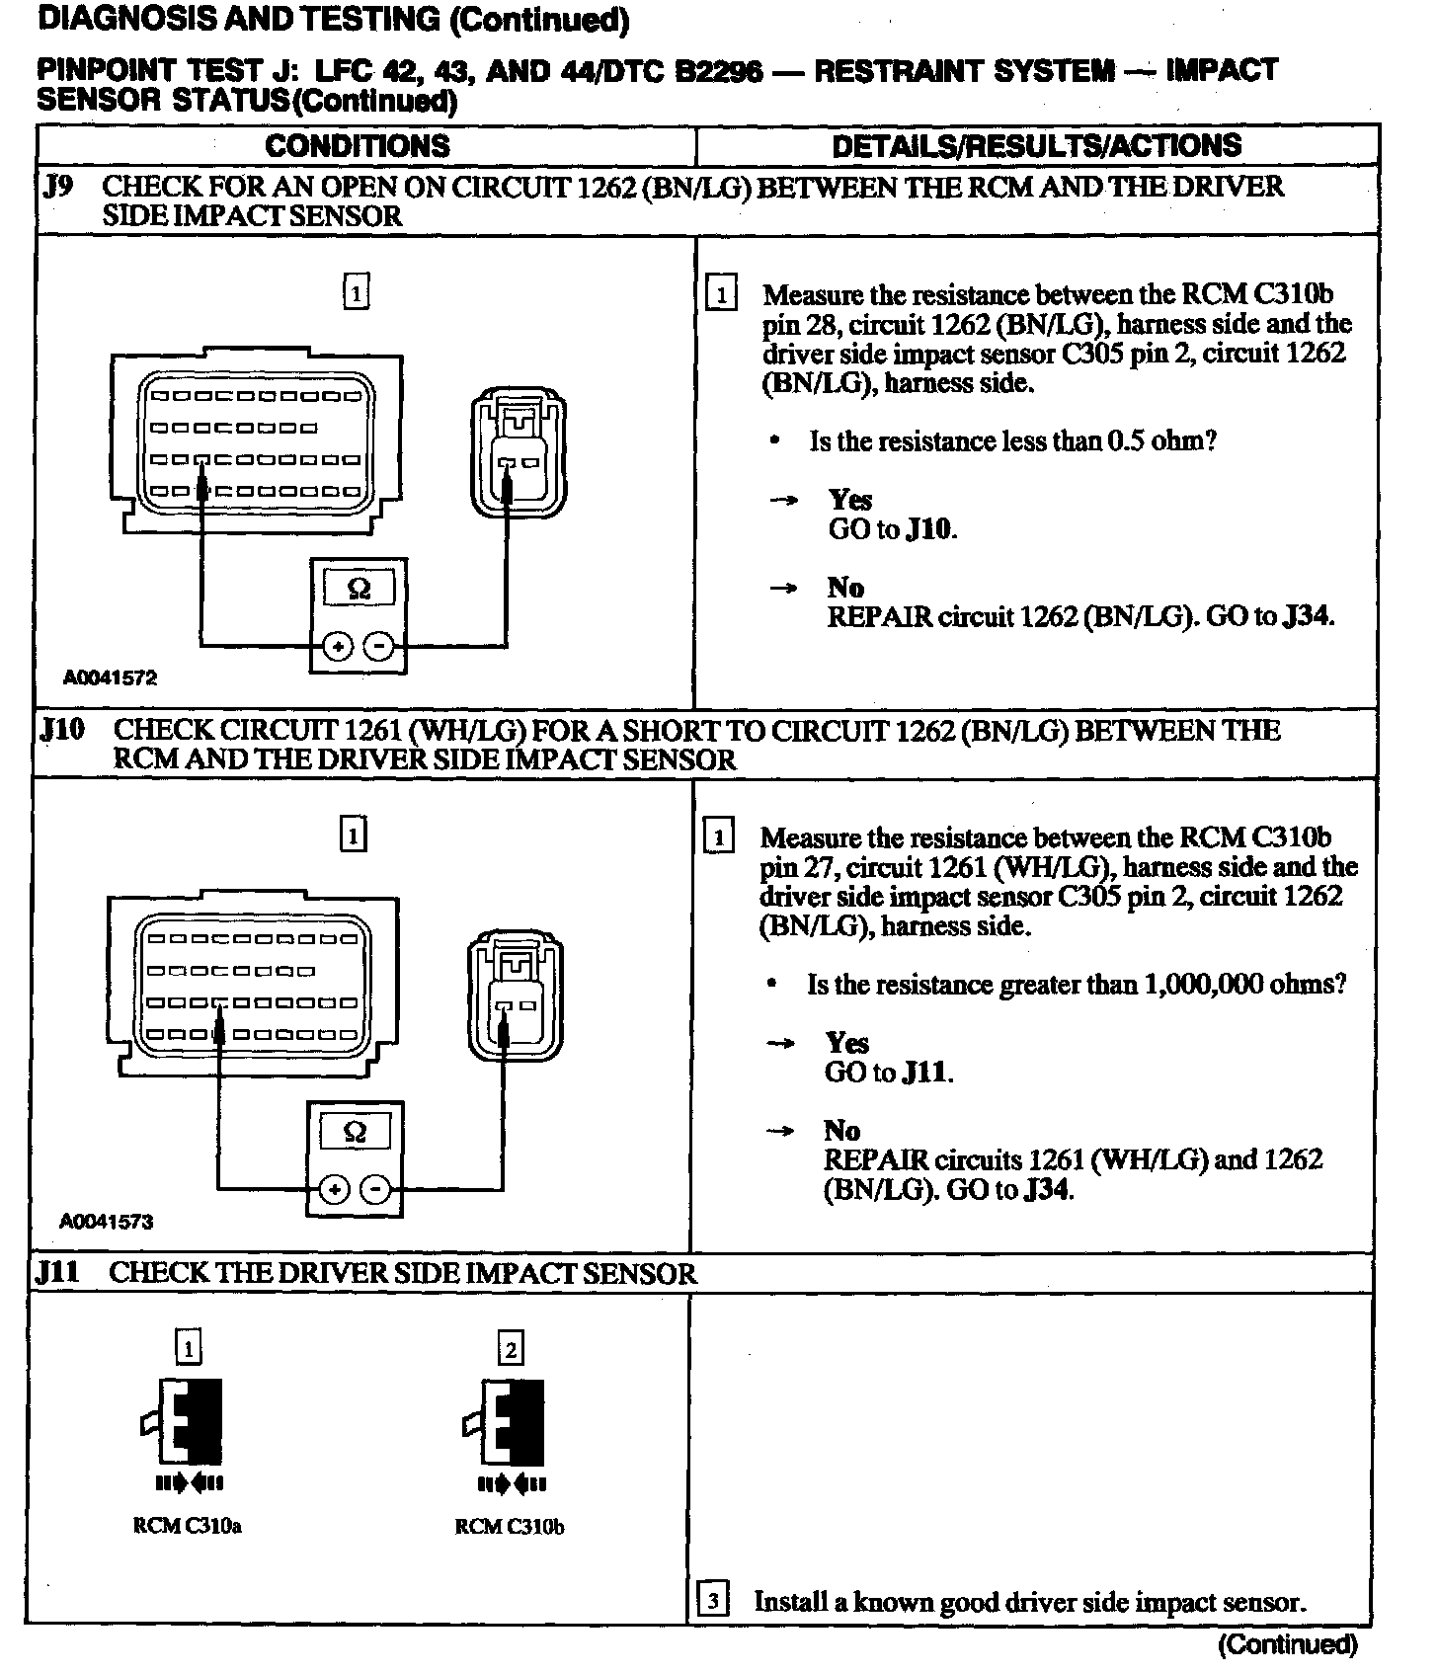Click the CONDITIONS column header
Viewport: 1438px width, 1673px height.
click(357, 146)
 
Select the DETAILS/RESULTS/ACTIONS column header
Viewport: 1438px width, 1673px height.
click(1036, 146)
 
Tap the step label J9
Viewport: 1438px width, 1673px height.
click(58, 186)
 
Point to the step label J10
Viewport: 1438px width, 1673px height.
click(61, 730)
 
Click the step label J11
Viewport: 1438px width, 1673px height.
click(57, 1272)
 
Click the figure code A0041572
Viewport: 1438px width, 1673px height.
click(110, 677)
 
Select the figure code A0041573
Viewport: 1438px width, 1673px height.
click(107, 1222)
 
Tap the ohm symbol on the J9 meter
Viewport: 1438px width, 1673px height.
click(359, 590)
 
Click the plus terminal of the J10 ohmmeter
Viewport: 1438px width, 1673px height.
click(335, 1189)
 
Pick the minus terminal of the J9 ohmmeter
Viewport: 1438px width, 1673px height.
click(379, 647)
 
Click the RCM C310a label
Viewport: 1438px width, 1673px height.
click(188, 1526)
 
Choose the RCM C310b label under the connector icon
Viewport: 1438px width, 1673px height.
click(509, 1527)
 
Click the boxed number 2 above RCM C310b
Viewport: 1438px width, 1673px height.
click(510, 1349)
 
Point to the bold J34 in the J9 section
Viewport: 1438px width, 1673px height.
click(1308, 616)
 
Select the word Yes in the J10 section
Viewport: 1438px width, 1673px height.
click(847, 1043)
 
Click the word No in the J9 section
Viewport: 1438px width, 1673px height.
click(845, 588)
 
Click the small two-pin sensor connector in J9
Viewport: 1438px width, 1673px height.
click(518, 452)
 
